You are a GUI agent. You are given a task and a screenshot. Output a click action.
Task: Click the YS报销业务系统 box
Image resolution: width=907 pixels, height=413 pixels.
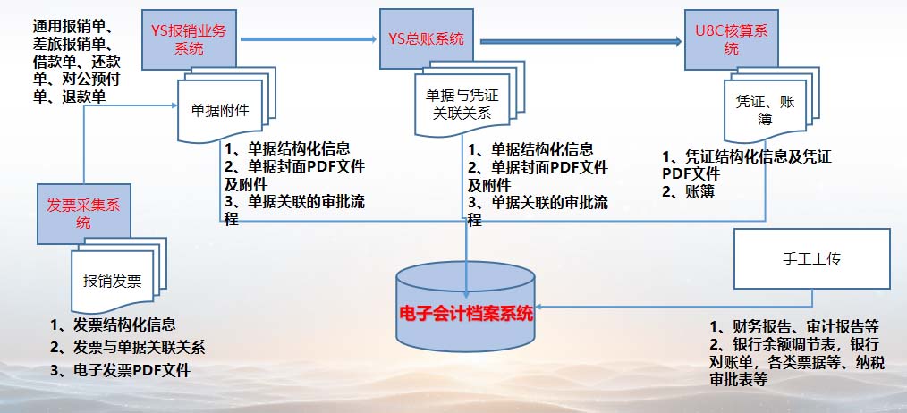pyautogui.click(x=189, y=40)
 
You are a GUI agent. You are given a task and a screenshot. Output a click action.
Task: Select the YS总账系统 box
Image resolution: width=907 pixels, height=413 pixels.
pyautogui.click(x=427, y=40)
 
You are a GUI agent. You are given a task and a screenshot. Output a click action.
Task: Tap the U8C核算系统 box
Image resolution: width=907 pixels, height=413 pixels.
pyautogui.click(x=731, y=40)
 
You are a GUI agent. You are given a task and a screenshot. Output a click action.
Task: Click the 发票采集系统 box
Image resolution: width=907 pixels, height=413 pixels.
pyautogui.click(x=84, y=214)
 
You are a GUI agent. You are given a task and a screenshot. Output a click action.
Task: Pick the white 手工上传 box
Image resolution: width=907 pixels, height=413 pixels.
pyautogui.click(x=811, y=259)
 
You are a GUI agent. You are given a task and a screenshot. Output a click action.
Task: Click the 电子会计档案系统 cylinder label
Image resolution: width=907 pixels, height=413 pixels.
pyautogui.click(x=466, y=315)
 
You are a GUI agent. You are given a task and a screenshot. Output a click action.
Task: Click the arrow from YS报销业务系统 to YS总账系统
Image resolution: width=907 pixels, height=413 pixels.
pyautogui.click(x=309, y=39)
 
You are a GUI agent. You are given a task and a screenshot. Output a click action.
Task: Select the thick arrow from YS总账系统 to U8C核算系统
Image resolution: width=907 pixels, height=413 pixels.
pyautogui.click(x=581, y=41)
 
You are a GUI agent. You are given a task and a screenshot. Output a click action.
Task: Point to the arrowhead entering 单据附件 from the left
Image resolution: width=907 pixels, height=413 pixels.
pyautogui.click(x=174, y=105)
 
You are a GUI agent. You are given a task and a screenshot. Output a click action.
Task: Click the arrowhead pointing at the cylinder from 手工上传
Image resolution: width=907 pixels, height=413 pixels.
pyautogui.click(x=540, y=307)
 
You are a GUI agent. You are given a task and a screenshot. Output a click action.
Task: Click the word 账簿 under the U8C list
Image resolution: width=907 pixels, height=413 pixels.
pyautogui.click(x=699, y=192)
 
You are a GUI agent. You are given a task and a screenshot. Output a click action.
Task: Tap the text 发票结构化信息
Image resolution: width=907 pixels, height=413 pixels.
pyautogui.click(x=124, y=324)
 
